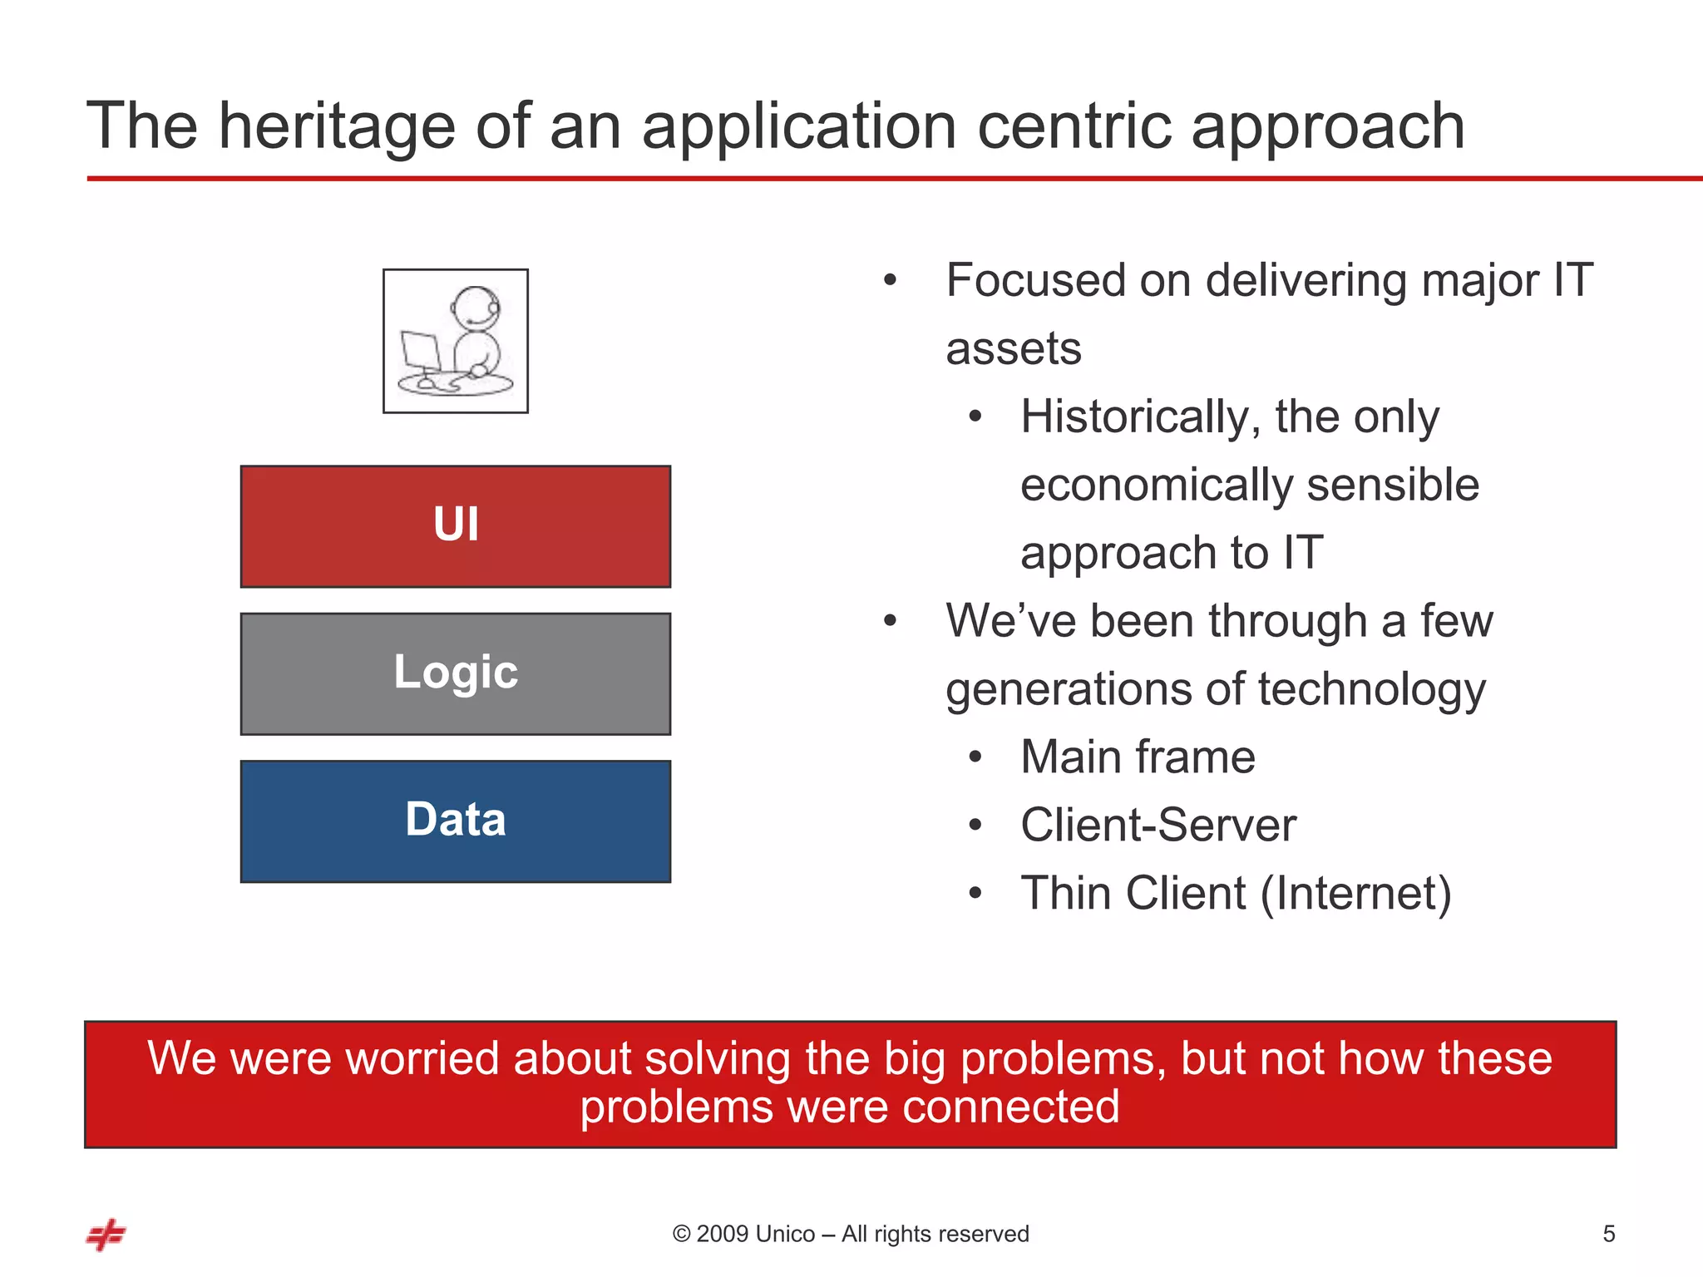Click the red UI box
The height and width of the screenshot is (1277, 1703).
pyautogui.click(x=456, y=526)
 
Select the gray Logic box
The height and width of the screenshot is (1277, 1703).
pyautogui.click(x=456, y=673)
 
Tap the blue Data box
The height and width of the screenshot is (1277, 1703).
pyautogui.click(x=456, y=821)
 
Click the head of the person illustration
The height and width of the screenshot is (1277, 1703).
pyautogui.click(x=476, y=308)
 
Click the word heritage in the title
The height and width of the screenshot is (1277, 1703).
pyautogui.click(x=337, y=126)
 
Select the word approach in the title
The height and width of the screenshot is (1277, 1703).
pyautogui.click(x=1327, y=126)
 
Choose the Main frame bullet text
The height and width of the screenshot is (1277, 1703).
pyautogui.click(x=1138, y=757)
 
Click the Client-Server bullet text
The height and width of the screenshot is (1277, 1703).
pyautogui.click(x=1158, y=826)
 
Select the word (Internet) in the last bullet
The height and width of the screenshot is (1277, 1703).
pyautogui.click(x=1355, y=894)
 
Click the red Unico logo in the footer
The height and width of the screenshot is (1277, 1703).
pyautogui.click(x=106, y=1235)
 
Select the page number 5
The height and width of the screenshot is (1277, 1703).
pyautogui.click(x=1608, y=1235)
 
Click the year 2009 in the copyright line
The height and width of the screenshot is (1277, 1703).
pyautogui.click(x=721, y=1235)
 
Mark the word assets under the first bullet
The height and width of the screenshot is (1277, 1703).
pyautogui.click(x=1014, y=348)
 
